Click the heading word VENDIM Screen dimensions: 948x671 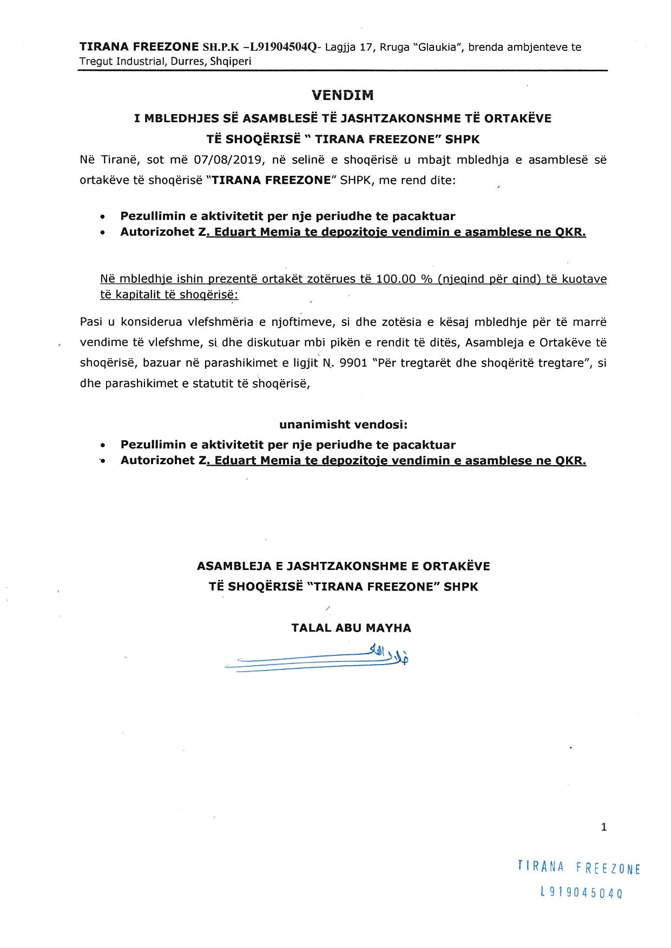click(343, 95)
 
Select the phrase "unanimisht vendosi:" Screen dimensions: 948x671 click(343, 425)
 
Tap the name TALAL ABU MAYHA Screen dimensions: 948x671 click(351, 628)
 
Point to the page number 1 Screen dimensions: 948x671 click(604, 826)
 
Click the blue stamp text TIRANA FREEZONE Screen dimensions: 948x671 click(578, 867)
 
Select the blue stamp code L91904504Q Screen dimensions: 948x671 click(581, 893)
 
